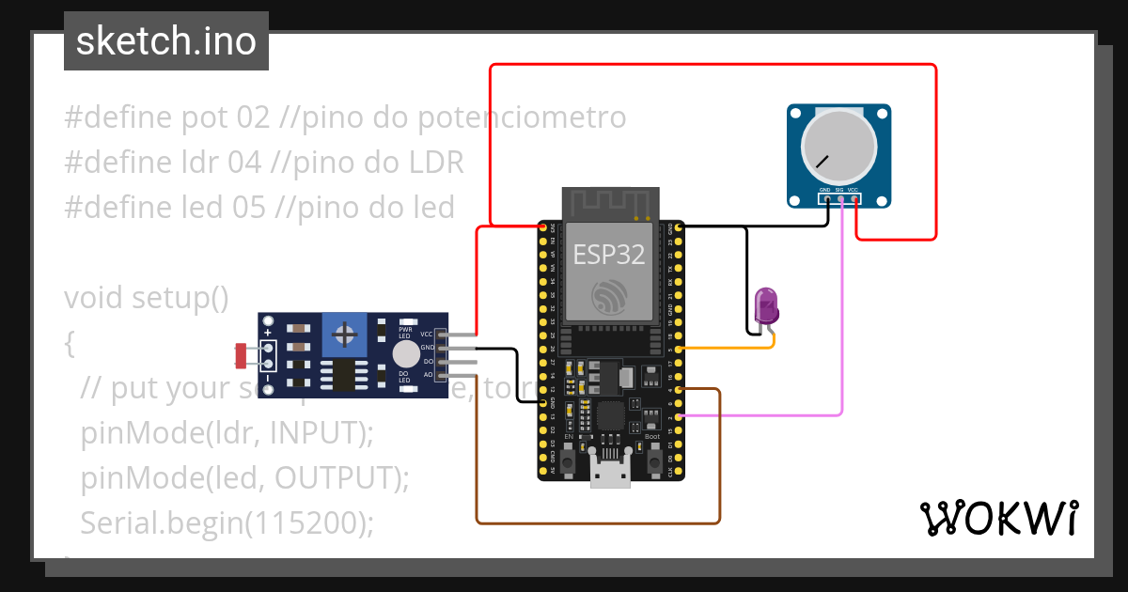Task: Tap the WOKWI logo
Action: click(998, 518)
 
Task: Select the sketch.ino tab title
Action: click(166, 41)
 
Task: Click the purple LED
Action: click(767, 306)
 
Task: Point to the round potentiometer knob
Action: click(838, 148)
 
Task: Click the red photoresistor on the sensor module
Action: click(241, 355)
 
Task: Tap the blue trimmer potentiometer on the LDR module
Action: click(346, 335)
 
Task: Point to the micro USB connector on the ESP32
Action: click(610, 475)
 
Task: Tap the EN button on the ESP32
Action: click(567, 461)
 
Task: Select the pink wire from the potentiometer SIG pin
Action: click(841, 319)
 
